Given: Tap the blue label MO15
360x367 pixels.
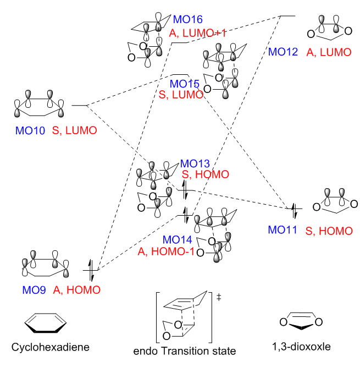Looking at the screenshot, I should [184, 84].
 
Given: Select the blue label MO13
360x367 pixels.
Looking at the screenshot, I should [195, 164].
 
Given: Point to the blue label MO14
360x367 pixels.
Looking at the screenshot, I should [177, 240].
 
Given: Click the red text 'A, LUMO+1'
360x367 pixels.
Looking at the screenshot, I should [198, 33].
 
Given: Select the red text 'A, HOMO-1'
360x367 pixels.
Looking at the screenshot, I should [168, 252].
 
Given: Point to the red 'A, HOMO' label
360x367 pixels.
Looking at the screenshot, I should [77, 289].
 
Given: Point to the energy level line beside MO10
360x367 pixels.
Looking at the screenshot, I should [80, 105].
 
